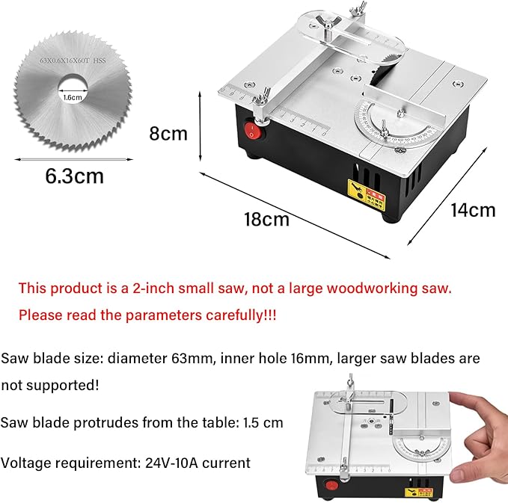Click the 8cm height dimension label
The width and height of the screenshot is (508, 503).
pyautogui.click(x=168, y=134)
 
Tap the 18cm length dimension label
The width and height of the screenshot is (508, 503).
pyautogui.click(x=266, y=220)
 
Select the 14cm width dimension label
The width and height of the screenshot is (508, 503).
pyautogui.click(x=472, y=210)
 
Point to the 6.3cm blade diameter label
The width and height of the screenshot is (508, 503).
pyautogui.click(x=74, y=177)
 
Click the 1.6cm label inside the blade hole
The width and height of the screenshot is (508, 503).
pyautogui.click(x=73, y=96)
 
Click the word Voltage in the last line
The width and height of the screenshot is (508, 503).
pyautogui.click(x=24, y=463)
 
